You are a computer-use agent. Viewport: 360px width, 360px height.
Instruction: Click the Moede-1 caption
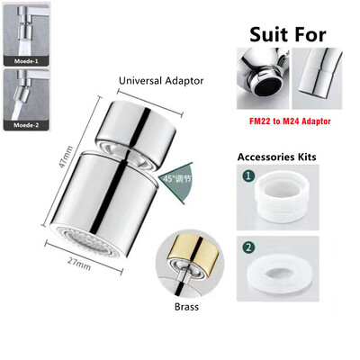tap(26, 61)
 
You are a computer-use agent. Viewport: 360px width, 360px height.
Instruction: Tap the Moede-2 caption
tap(26, 125)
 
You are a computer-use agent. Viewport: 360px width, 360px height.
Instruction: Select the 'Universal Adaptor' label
tap(161, 81)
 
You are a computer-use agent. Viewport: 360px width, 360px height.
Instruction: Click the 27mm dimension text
tap(78, 264)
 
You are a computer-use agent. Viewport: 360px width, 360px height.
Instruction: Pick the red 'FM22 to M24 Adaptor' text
tap(290, 121)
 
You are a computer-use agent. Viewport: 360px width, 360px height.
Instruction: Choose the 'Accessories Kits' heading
tap(276, 157)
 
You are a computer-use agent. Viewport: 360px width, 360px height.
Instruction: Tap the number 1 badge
tap(248, 175)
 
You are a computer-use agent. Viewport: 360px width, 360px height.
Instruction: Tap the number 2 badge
tap(248, 247)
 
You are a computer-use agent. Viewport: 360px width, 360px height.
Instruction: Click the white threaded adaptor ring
tap(279, 199)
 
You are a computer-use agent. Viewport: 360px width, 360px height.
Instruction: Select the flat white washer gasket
tap(277, 274)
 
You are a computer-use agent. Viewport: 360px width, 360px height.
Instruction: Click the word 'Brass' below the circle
tap(186, 307)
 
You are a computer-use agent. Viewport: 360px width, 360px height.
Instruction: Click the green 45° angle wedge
tap(175, 183)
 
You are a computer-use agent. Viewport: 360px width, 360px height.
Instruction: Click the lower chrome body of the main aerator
tap(106, 197)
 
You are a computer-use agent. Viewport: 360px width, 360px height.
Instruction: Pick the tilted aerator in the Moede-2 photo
tap(22, 94)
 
